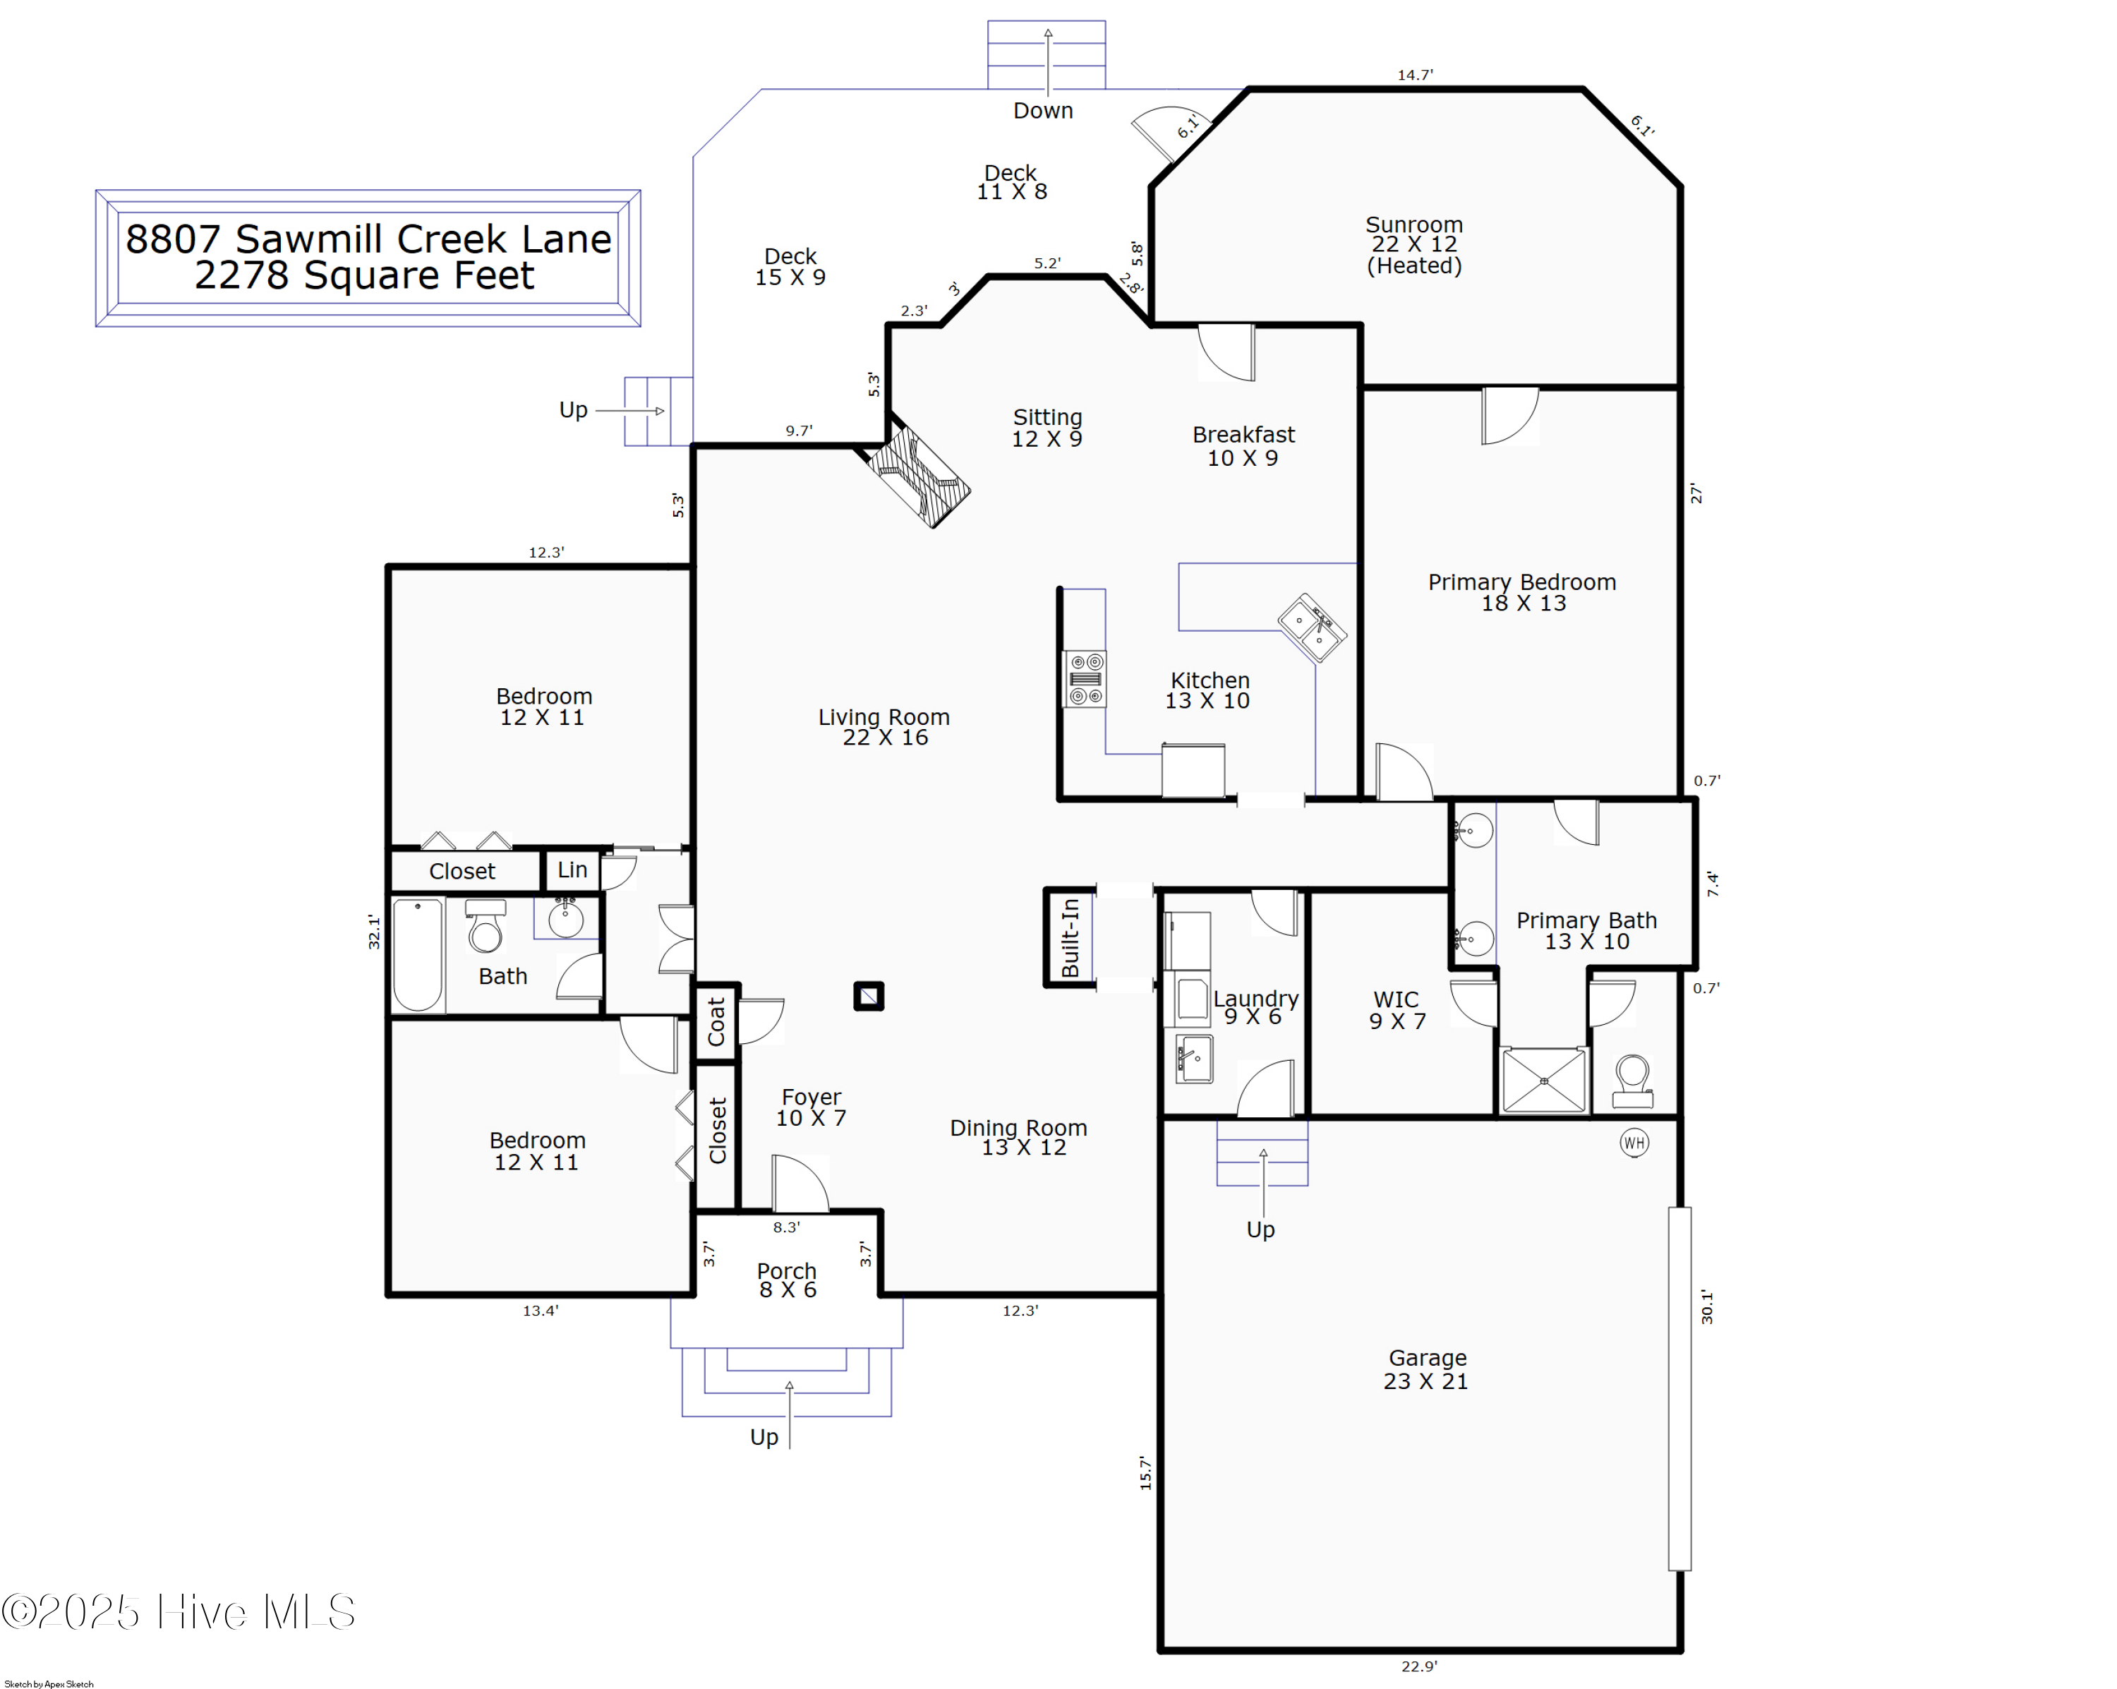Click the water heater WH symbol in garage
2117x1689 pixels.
tap(1634, 1142)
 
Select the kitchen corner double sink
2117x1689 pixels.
tap(1312, 627)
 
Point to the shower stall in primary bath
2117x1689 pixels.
tap(1543, 1080)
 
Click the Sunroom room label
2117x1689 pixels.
tap(1414, 225)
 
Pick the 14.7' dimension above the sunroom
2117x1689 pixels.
tap(1415, 75)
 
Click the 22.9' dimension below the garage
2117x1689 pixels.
tap(1419, 1666)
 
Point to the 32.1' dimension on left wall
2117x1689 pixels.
tap(374, 931)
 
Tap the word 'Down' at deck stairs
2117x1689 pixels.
tap(1043, 111)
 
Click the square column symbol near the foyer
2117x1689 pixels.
tap(869, 997)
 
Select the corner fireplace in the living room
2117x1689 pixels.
tap(918, 476)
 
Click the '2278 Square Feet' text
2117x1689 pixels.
tap(364, 276)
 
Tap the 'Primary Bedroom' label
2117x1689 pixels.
tap(1522, 582)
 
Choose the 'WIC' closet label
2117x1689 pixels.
tap(1395, 999)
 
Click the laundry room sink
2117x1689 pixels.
tap(1194, 1059)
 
